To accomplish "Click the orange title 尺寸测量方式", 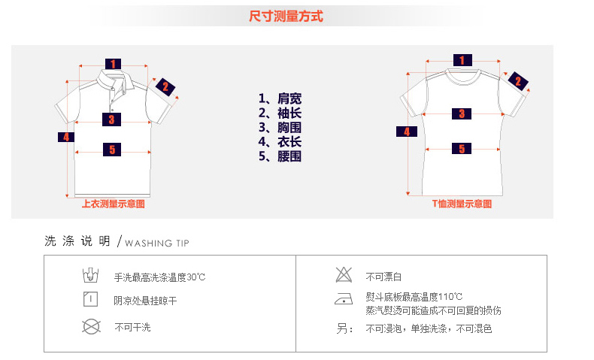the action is click(x=286, y=16).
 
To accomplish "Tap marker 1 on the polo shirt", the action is click(x=113, y=64).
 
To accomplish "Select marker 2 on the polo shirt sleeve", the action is click(x=165, y=86).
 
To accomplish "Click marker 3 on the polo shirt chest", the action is click(x=111, y=119).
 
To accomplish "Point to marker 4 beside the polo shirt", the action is click(x=66, y=137).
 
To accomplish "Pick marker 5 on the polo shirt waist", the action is click(x=111, y=150).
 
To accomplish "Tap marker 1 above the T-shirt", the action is click(x=462, y=60).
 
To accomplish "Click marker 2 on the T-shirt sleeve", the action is click(x=517, y=81).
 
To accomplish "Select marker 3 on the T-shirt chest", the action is click(x=462, y=113).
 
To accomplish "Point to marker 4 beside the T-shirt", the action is click(x=407, y=131).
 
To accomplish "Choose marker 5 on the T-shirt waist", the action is click(x=462, y=149).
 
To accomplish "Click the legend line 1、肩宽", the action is click(x=280, y=99).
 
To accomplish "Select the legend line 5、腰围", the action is click(x=280, y=156).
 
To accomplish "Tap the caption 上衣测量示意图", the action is click(x=113, y=203).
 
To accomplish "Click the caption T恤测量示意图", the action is click(x=462, y=203).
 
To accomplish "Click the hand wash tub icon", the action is click(x=89, y=275).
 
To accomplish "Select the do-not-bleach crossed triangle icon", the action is click(x=344, y=275).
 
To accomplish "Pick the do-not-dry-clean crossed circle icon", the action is click(x=91, y=326).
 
